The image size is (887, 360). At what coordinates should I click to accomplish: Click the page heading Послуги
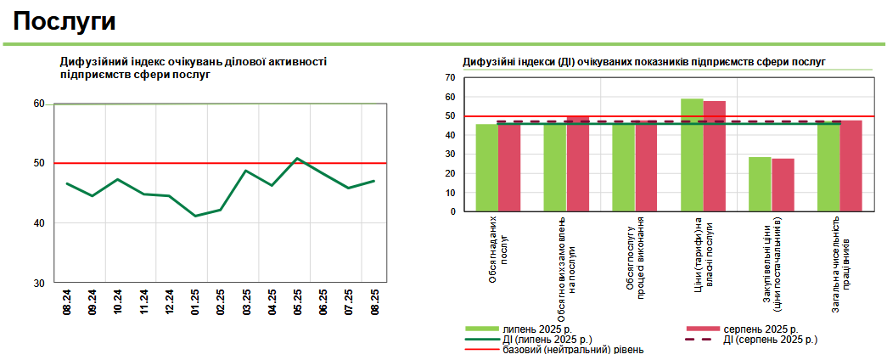tap(65, 21)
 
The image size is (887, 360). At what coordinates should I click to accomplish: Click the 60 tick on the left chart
tap(39, 104)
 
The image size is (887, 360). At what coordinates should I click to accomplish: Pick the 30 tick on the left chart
tap(39, 283)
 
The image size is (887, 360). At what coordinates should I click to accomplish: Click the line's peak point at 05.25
tap(297, 159)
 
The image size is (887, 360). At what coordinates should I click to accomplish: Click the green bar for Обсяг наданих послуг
tap(486, 168)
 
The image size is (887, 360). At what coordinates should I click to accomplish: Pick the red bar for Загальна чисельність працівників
tap(851, 166)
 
